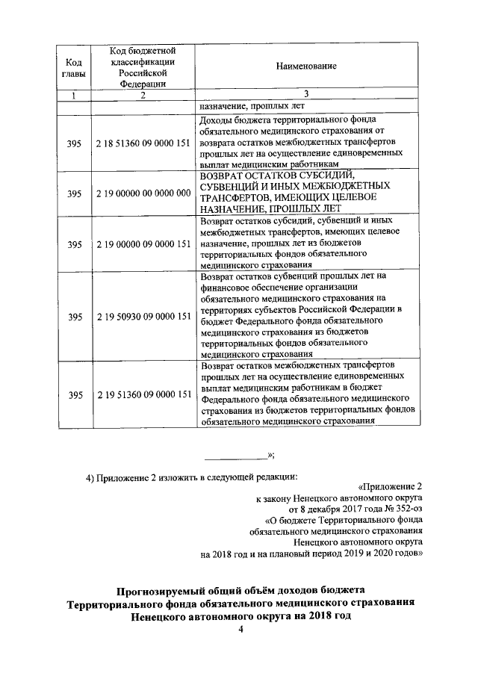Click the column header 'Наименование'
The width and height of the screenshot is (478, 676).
pos(305,66)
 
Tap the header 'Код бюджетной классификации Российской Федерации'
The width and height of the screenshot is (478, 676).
pos(143,66)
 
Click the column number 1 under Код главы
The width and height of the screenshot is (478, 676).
pos(73,95)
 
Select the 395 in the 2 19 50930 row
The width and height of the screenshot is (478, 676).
pos(74,316)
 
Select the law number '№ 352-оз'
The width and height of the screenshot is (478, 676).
pos(405,509)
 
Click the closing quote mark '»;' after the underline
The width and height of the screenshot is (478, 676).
pos(271,454)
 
